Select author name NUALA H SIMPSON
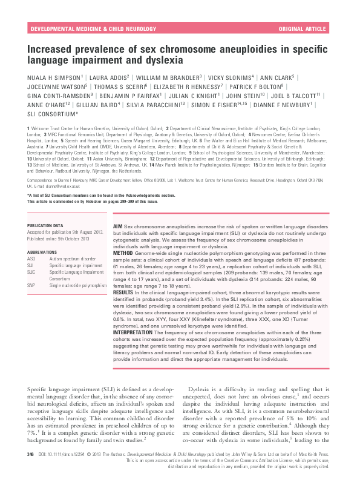54,78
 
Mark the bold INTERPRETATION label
136,331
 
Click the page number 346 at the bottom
31,452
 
